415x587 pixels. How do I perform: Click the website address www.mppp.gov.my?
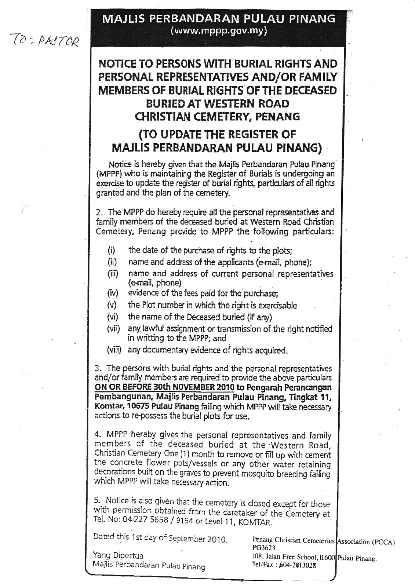[x=219, y=32]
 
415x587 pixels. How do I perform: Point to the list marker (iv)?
[x=112, y=293]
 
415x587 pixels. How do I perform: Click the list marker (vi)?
[x=112, y=317]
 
